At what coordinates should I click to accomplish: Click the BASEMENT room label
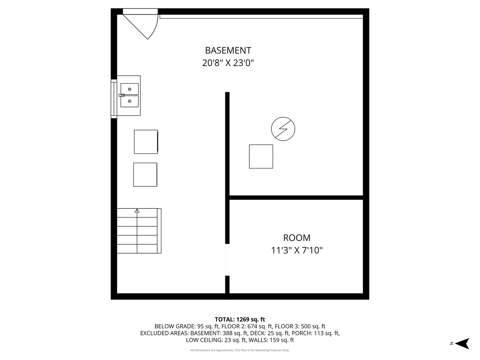click(228, 50)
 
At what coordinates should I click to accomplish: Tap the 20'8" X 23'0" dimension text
click(228, 63)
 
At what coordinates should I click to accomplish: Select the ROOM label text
click(297, 238)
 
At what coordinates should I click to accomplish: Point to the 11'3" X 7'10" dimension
click(297, 250)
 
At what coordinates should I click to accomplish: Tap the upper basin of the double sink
click(129, 89)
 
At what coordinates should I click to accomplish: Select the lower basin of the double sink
click(129, 101)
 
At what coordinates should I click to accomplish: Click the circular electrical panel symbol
click(283, 129)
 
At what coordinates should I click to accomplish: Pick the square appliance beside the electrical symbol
click(261, 156)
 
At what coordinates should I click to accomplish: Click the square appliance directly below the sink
click(146, 142)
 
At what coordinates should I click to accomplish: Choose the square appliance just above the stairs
click(145, 174)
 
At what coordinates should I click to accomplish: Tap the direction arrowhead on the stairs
click(137, 211)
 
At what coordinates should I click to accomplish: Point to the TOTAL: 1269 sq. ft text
click(240, 319)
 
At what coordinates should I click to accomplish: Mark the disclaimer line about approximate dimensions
click(240, 350)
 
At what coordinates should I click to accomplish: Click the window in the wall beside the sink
click(114, 99)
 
